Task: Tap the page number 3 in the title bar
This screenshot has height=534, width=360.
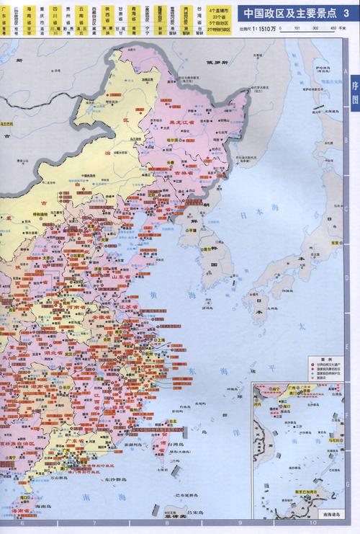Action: coord(346,13)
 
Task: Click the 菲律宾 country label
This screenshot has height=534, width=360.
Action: coord(171,528)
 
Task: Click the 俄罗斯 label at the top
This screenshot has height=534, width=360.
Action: coord(216,63)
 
